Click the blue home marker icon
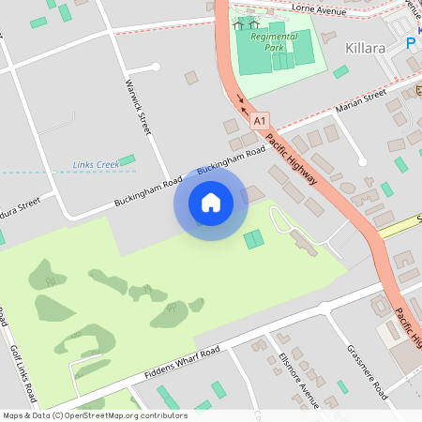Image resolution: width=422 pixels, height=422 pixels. (x=210, y=203)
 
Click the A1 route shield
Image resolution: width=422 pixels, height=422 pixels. (x=260, y=120)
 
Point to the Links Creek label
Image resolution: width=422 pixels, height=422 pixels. (x=96, y=166)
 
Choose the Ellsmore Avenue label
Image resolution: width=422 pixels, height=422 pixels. (x=298, y=381)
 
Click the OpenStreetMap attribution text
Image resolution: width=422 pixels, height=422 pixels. (x=95, y=414)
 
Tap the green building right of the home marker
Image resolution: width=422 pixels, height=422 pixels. (x=253, y=239)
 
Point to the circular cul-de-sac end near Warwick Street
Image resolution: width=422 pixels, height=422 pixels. (x=156, y=67)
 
